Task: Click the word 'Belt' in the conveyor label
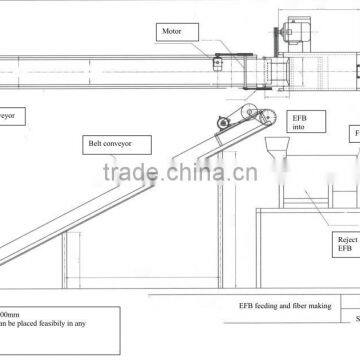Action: [x=93, y=144]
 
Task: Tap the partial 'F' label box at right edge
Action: [x=355, y=133]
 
